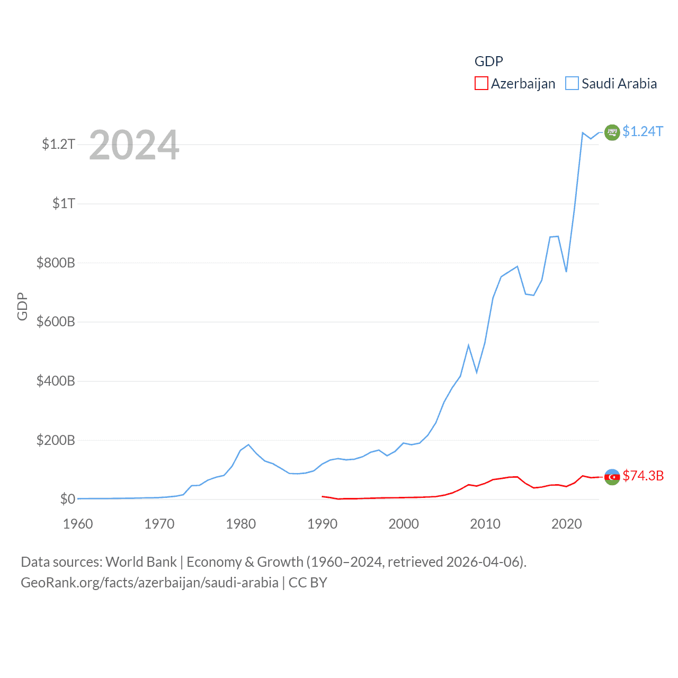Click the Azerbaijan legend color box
(x=481, y=84)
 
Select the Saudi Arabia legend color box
(x=572, y=84)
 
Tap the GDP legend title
(x=488, y=61)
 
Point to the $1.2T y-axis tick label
(x=58, y=144)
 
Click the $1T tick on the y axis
(x=64, y=203)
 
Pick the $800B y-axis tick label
(x=56, y=263)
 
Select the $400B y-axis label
(x=56, y=381)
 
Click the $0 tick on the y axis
(x=67, y=499)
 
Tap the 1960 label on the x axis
(x=78, y=524)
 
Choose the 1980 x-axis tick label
(x=240, y=524)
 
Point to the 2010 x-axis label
(x=485, y=524)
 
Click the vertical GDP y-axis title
(x=22, y=306)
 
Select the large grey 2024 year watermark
(x=134, y=145)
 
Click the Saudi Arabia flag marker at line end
(x=612, y=132)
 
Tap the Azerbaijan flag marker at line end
(x=612, y=477)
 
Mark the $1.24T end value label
(x=643, y=131)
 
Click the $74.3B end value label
(x=643, y=476)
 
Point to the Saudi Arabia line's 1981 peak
(x=248, y=444)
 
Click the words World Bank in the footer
(x=141, y=561)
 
